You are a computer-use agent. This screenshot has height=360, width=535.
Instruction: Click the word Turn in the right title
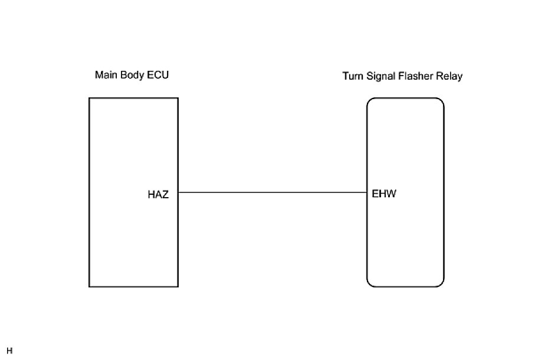(353, 76)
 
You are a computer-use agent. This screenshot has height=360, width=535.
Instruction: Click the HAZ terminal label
(158, 195)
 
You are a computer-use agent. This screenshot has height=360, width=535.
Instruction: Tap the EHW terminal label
(384, 194)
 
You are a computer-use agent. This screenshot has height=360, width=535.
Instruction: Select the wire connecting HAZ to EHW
(273, 192)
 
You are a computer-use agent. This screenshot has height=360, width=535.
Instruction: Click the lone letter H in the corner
(9, 351)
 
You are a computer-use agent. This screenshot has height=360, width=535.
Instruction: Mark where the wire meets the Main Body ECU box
(178, 192)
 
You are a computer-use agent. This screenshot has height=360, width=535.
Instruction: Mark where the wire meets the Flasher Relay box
(367, 192)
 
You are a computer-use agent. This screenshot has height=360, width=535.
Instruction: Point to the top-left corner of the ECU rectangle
(90, 99)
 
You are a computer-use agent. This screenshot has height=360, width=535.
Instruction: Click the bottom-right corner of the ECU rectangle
(178, 287)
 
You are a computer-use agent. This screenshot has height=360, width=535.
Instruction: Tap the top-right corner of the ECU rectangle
(178, 99)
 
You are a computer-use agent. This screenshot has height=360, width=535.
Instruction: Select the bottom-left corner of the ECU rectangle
(90, 287)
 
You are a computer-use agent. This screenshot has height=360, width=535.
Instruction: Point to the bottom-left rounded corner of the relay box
(369, 284)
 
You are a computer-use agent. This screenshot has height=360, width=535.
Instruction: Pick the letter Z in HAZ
(165, 195)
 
